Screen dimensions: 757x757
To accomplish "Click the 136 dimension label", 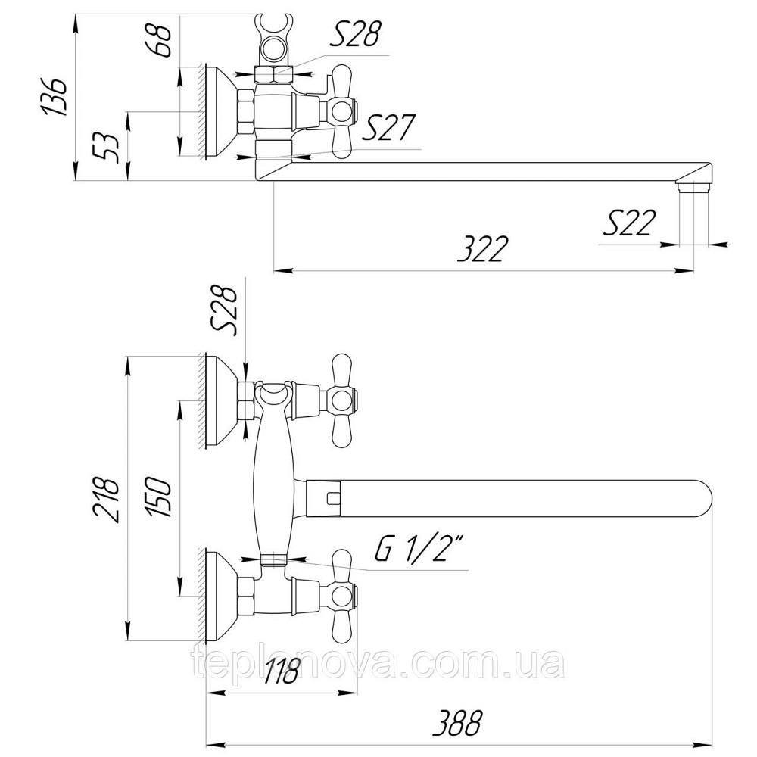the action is (x=54, y=96).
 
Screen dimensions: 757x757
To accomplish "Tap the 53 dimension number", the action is (x=106, y=148).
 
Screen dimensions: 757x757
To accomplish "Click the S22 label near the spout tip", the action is (x=630, y=223).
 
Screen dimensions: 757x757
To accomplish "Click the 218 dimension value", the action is (x=105, y=499).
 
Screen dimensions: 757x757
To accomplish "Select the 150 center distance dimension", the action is (x=159, y=497).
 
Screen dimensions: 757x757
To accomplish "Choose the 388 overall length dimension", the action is (x=457, y=722).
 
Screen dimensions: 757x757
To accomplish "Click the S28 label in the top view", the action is (x=356, y=33).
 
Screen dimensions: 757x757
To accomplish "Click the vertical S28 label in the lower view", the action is (x=225, y=311).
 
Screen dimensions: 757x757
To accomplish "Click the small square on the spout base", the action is (x=332, y=498).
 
